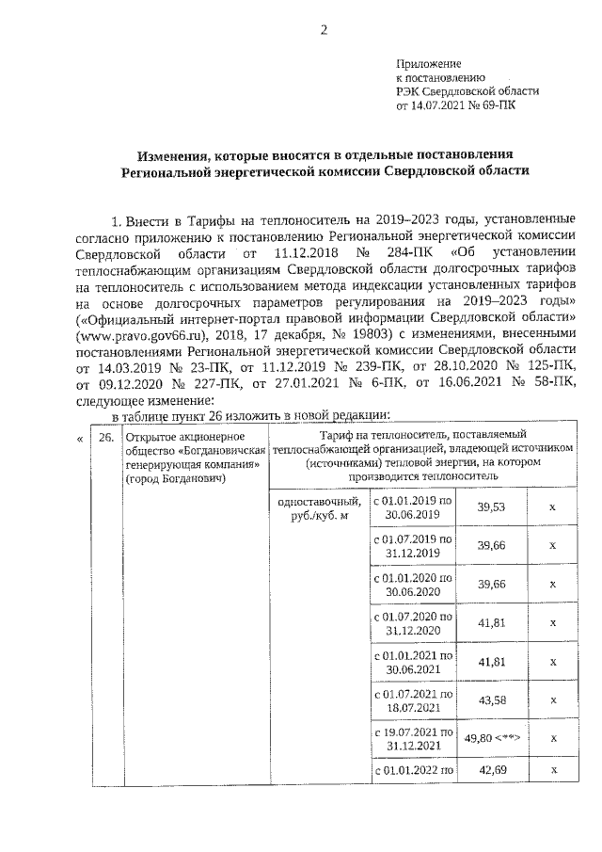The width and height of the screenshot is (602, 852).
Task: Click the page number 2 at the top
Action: tap(323, 29)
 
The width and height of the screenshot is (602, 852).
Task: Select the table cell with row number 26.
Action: tap(107, 437)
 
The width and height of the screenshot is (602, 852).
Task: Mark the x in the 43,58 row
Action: tap(553, 700)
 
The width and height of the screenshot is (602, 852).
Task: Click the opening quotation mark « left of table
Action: tap(78, 437)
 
